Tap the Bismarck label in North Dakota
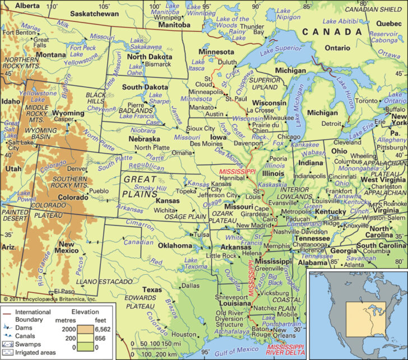coord(150,65)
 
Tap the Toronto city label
coord(368,101)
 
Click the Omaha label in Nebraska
coord(181,152)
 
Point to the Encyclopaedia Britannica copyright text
coord(49,299)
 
